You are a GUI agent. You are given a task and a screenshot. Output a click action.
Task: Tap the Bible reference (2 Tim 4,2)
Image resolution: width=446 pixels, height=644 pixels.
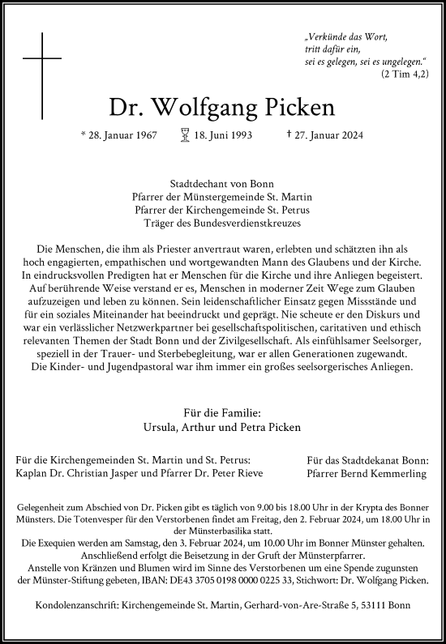(403, 73)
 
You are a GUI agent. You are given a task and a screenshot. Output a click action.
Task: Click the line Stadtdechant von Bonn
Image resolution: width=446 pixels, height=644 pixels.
(222, 183)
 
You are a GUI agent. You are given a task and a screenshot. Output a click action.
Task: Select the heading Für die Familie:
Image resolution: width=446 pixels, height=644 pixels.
(222, 412)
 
